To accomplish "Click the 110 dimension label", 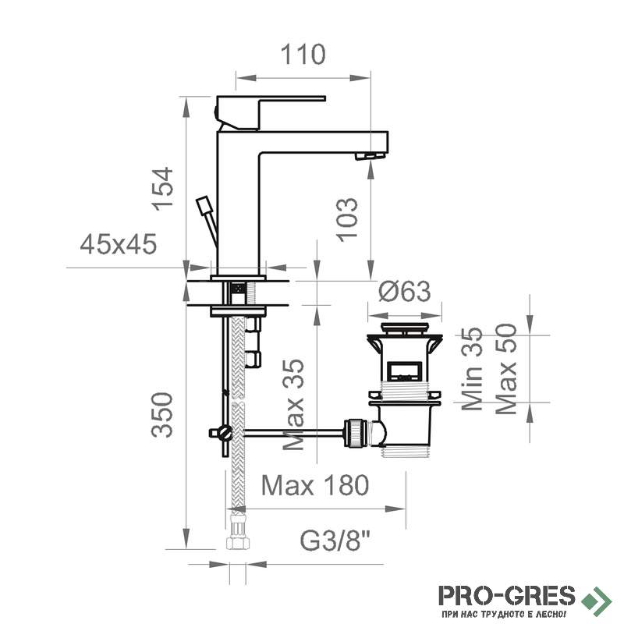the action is [x=303, y=55].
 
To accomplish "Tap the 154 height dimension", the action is [x=163, y=189].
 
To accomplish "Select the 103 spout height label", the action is [x=347, y=219].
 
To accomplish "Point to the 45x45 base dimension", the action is [x=119, y=244].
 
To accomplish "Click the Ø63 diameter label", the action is [x=404, y=291].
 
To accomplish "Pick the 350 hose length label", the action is [x=163, y=415].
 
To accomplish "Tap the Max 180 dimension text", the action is [x=315, y=485].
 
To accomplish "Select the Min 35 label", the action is [x=472, y=368].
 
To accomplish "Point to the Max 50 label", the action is [x=506, y=369].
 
